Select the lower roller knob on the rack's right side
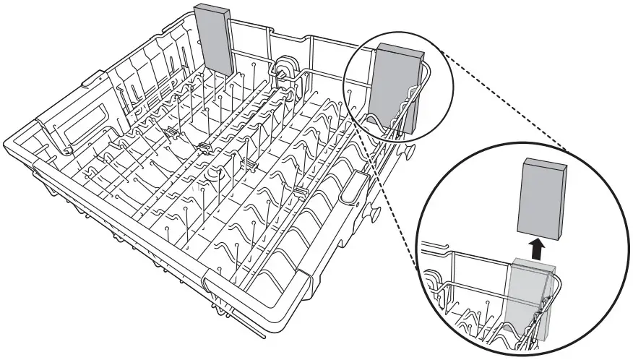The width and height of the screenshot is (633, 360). pyautogui.click(x=376, y=214)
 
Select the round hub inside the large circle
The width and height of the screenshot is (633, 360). pyautogui.click(x=434, y=278)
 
